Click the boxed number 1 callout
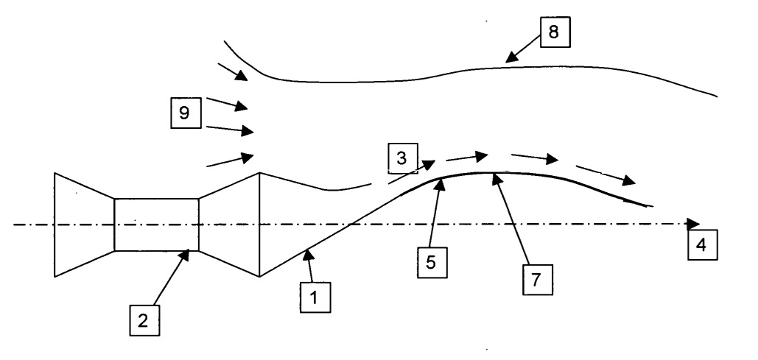point(315,297)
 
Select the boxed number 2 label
point(144,321)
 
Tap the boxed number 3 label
point(402,158)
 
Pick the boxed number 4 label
point(703,245)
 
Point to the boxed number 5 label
point(432,262)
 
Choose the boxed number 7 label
point(538,280)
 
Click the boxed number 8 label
point(555,32)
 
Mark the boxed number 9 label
point(186,113)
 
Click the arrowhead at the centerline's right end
point(693,224)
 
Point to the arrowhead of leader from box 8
point(511,57)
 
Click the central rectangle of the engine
point(157,225)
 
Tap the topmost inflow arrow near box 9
point(233,71)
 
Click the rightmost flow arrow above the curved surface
point(606,175)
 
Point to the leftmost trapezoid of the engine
point(85,225)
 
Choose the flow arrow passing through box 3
point(411,172)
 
